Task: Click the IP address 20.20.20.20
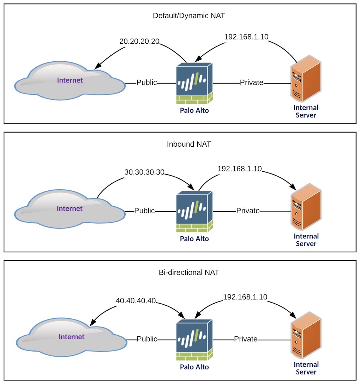(139, 42)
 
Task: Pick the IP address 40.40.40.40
(136, 301)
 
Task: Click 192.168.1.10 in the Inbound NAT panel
(240, 169)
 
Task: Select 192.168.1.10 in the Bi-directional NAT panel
(245, 298)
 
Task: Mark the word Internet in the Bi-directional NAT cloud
(72, 337)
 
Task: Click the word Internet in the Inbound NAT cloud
(70, 208)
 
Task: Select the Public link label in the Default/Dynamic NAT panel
(146, 83)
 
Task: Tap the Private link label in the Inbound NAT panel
(248, 211)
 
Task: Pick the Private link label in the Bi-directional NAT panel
(246, 339)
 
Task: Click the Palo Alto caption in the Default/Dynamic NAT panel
(194, 110)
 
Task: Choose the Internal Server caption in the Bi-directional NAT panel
(306, 368)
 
